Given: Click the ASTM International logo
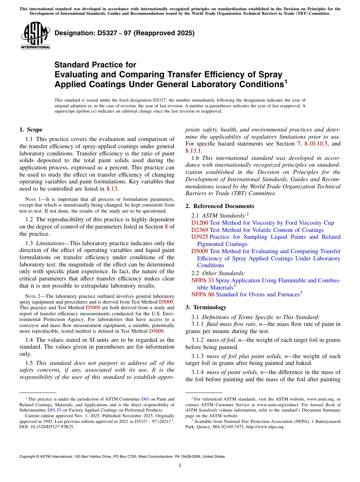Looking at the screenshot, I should pyautogui.click(x=35, y=36).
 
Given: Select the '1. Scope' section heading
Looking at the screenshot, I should pyautogui.click(x=31, y=130).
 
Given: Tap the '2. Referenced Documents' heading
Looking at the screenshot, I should pyautogui.click(x=220, y=206).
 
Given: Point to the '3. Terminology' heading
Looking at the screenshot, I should pyautogui.click(x=206, y=307).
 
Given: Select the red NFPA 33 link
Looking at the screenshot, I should pyautogui.click(x=202, y=280).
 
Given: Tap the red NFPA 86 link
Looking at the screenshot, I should pyautogui.click(x=202, y=294).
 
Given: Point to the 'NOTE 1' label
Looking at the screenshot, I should pyautogui.click(x=32, y=199).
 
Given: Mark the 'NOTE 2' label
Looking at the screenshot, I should pyautogui.click(x=32, y=296).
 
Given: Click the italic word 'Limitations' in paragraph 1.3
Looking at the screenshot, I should pyautogui.click(x=52, y=243).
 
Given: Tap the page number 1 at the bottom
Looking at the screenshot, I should pyautogui.click(x=180, y=465).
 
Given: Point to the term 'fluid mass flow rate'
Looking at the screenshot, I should pyautogui.click(x=230, y=324).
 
